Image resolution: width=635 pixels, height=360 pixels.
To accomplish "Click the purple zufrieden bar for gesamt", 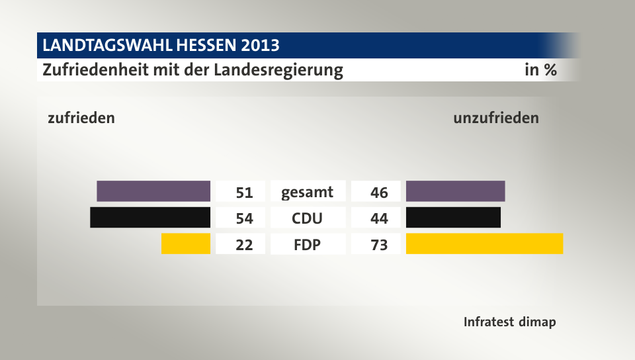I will [x=153, y=191].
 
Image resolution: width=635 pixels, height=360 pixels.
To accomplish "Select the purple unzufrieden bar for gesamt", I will [x=455, y=191].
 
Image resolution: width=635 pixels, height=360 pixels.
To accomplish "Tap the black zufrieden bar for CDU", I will [x=150, y=217].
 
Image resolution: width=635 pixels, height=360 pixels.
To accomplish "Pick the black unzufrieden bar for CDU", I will [x=453, y=217].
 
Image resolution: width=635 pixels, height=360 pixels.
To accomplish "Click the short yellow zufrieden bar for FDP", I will [x=186, y=244].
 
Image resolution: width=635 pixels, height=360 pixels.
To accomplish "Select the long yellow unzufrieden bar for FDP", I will [x=484, y=244].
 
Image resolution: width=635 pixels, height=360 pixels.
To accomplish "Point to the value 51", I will [x=244, y=193].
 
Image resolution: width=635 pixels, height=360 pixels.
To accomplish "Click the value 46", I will [x=379, y=193].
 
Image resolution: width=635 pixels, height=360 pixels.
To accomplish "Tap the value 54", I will [x=244, y=218].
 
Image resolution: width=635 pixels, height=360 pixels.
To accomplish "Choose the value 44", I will [x=379, y=218].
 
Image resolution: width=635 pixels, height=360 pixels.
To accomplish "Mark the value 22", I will [x=244, y=245].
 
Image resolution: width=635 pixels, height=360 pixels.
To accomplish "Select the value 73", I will [x=379, y=245].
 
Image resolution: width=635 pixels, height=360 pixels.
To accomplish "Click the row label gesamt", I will [x=308, y=193].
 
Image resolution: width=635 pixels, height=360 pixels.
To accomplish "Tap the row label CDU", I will [x=308, y=218].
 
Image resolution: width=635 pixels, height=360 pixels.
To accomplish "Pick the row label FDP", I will [x=308, y=245].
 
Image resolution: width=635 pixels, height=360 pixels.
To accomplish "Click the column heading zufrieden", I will [x=81, y=118].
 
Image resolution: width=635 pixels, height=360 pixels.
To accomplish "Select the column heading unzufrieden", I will [x=496, y=118].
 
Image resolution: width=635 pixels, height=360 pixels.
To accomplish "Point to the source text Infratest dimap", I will [x=509, y=323].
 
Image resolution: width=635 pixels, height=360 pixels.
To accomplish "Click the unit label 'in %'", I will [x=540, y=70].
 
